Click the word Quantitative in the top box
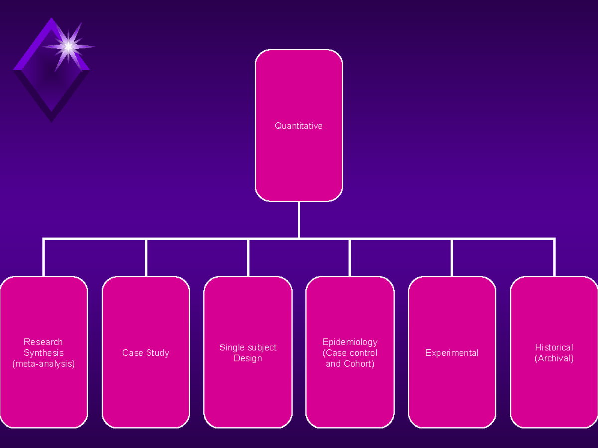(x=299, y=126)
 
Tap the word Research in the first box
(x=43, y=342)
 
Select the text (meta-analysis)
(x=43, y=364)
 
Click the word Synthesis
(x=43, y=353)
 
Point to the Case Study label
(x=146, y=353)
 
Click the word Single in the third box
(x=232, y=348)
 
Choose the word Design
(x=248, y=358)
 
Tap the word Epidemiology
(x=350, y=342)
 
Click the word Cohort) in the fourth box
(x=359, y=364)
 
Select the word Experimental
(x=451, y=353)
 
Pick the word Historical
(x=554, y=347)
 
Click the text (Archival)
(x=554, y=358)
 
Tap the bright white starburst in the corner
(x=68, y=47)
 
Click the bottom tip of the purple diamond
(x=51, y=123)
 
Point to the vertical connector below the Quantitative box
(x=299, y=220)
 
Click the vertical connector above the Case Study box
(x=146, y=258)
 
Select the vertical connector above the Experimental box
(x=452, y=258)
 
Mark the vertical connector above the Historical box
(x=554, y=258)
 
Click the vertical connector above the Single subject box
(x=248, y=258)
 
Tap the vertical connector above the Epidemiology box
(x=350, y=258)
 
